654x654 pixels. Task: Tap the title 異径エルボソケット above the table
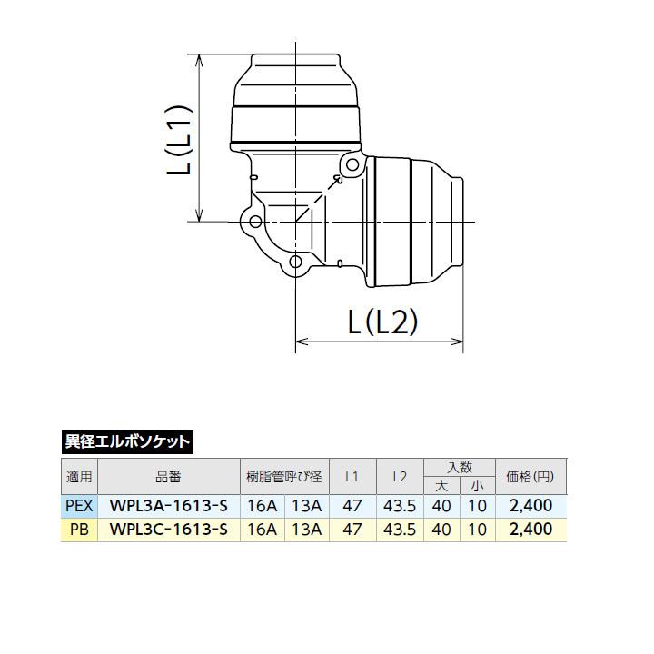pyautogui.click(x=127, y=442)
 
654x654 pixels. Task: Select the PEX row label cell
pyautogui.click(x=78, y=504)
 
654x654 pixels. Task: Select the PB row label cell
pyautogui.click(x=78, y=529)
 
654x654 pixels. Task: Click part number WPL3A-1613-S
pyautogui.click(x=168, y=504)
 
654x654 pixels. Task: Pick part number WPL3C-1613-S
pyautogui.click(x=168, y=529)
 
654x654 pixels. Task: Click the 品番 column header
pyautogui.click(x=168, y=476)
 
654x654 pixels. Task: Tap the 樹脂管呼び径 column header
pyautogui.click(x=283, y=476)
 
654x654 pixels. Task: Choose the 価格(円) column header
pyautogui.click(x=530, y=476)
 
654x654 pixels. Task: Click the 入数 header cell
pyautogui.click(x=459, y=466)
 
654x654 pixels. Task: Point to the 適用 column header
pyautogui.click(x=78, y=476)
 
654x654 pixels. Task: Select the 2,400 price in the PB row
pyautogui.click(x=530, y=529)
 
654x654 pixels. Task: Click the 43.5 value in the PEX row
pyautogui.click(x=399, y=504)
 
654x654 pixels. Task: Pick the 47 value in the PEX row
pyautogui.click(x=352, y=504)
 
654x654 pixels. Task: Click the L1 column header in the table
pyautogui.click(x=352, y=476)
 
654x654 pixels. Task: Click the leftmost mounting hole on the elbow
pyautogui.click(x=256, y=222)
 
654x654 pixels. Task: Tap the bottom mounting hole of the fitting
pyautogui.click(x=296, y=263)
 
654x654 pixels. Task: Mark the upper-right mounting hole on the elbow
pyautogui.click(x=352, y=165)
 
